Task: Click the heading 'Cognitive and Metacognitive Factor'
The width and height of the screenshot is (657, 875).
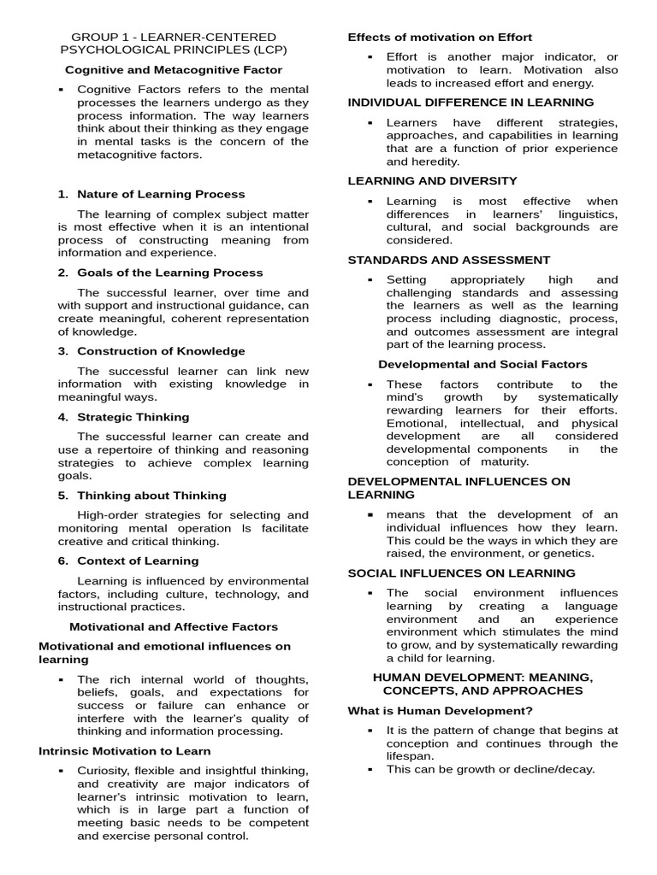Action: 174,69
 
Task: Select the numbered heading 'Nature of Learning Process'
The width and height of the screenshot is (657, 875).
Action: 161,194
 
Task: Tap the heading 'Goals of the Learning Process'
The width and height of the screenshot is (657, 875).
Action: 170,273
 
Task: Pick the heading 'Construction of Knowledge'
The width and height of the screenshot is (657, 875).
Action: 161,351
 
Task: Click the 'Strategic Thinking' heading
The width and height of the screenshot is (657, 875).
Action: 133,417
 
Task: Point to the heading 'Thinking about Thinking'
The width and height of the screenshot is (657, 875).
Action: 151,496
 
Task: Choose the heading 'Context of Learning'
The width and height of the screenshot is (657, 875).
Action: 138,561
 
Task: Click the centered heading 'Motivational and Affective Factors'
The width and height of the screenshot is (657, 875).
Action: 174,626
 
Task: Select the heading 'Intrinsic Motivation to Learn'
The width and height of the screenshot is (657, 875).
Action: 125,751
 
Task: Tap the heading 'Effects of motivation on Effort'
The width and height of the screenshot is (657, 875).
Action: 440,37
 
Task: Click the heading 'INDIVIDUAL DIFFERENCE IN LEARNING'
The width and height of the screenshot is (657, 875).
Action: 471,103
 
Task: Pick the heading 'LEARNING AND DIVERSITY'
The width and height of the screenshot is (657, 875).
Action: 432,180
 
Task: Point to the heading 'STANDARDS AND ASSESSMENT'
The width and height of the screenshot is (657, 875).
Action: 449,260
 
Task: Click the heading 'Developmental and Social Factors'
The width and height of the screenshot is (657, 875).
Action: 482,364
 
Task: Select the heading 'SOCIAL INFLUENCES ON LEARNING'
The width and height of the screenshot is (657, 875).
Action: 461,573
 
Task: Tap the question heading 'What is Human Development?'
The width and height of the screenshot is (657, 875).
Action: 440,710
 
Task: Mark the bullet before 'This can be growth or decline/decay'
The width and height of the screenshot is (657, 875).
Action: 370,769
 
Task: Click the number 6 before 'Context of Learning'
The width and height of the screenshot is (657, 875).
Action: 62,561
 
